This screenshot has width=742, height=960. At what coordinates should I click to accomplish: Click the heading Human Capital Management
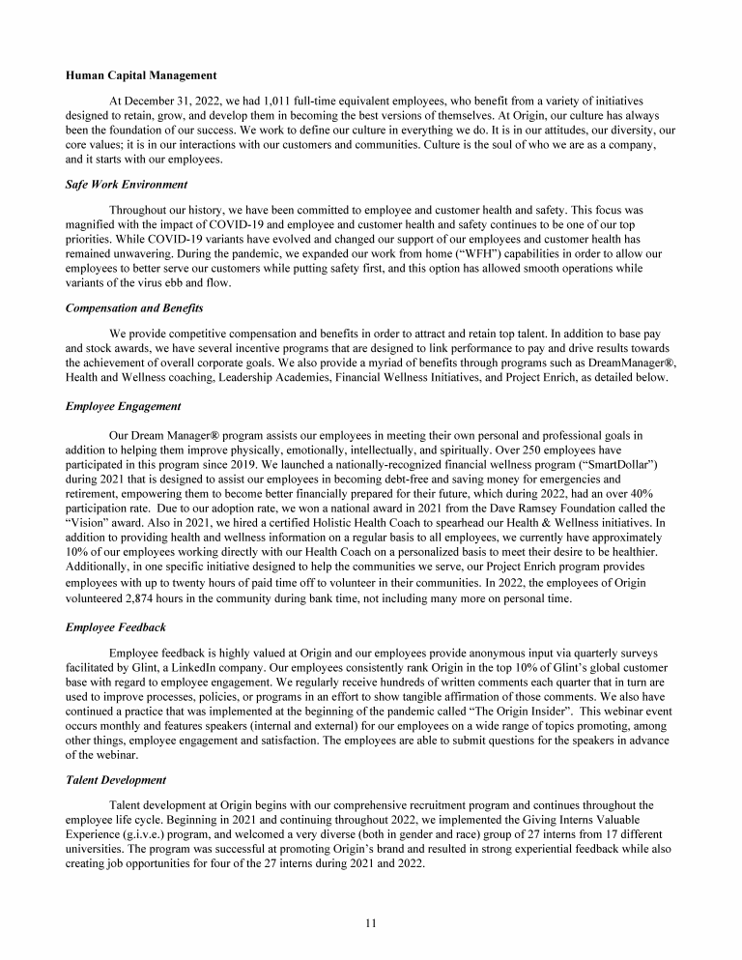pyautogui.click(x=141, y=75)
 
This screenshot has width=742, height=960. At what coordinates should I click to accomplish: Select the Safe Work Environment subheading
pyautogui.click(x=127, y=185)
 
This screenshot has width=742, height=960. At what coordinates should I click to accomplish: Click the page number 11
pyautogui.click(x=371, y=923)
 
